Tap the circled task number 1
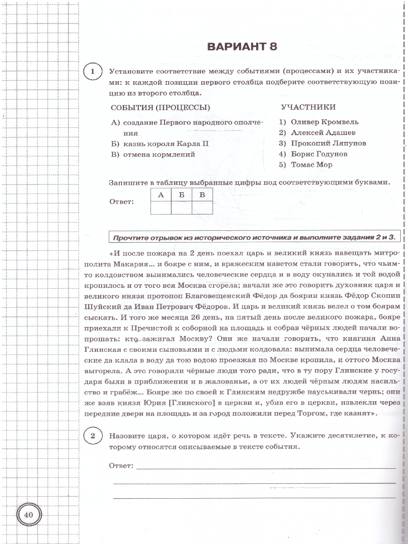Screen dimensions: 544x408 (92, 73)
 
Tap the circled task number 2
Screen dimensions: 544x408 (92, 436)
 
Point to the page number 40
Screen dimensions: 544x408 (29, 515)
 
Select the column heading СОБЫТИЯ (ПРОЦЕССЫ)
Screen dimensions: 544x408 (160, 107)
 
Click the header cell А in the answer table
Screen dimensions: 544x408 (160, 195)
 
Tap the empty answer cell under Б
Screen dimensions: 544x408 (181, 208)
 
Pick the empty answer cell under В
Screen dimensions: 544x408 (202, 208)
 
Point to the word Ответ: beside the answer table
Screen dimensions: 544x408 (122, 202)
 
